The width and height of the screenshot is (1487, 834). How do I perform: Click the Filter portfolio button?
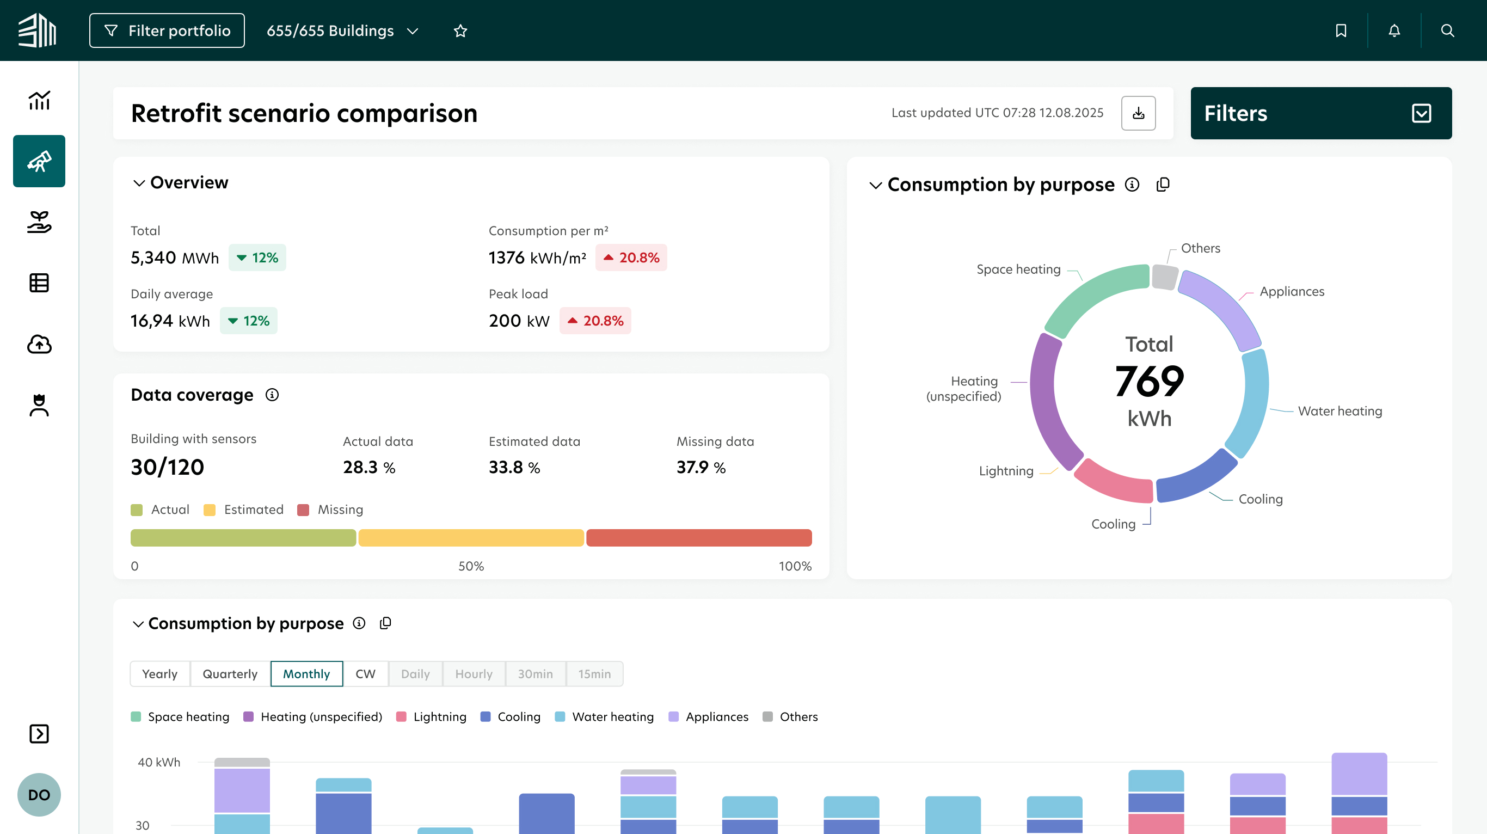pos(167,30)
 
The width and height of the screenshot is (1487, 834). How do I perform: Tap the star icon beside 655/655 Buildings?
pos(460,30)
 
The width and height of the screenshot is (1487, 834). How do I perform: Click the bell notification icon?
pos(1394,30)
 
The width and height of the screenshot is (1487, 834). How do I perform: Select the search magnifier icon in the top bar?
pos(1447,30)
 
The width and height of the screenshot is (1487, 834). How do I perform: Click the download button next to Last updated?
pos(1138,113)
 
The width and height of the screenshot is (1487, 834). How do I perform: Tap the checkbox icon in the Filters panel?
pos(1421,113)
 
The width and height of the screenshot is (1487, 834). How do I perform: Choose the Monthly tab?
pos(306,673)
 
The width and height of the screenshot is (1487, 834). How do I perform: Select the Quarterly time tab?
pos(230,673)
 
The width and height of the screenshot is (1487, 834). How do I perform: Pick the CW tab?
pos(365,673)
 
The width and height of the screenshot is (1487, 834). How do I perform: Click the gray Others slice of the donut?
pos(1164,277)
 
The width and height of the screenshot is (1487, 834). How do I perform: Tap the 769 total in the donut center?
pos(1150,381)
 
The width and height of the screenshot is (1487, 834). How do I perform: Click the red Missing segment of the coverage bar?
pos(699,538)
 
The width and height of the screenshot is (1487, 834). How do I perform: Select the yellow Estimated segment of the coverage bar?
pos(471,538)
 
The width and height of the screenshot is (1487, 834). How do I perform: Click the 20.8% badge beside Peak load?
pos(595,321)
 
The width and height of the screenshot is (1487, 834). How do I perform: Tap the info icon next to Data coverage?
pos(272,395)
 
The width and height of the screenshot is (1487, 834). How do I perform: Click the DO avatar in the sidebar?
pos(39,795)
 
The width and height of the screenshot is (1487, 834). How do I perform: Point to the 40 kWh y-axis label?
pos(159,763)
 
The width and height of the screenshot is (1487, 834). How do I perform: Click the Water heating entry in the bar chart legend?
pos(604,717)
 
